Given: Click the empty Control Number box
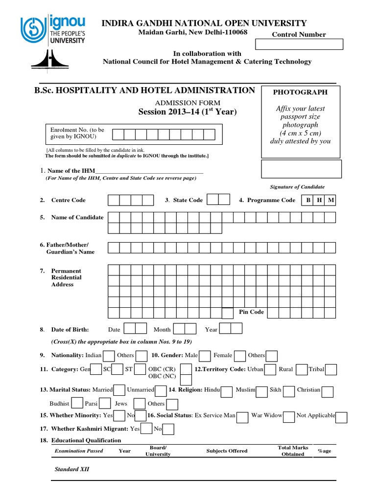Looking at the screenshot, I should [x=300, y=45].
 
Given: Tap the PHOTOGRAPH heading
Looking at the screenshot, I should [x=300, y=92].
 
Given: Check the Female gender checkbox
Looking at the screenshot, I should [x=240, y=356].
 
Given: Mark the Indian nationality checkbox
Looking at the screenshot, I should [x=109, y=356].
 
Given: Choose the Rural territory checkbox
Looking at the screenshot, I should [x=302, y=369].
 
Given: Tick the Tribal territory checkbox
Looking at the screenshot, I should [x=331, y=369].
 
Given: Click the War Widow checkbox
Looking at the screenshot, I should [x=289, y=416].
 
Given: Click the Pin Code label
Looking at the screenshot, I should [x=251, y=312].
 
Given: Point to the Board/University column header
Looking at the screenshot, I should [x=158, y=451].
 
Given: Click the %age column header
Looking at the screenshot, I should [x=324, y=451].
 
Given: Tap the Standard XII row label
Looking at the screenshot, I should [x=71, y=469].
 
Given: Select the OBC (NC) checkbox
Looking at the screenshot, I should [x=186, y=380].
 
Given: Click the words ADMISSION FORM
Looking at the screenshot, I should [x=188, y=103].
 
